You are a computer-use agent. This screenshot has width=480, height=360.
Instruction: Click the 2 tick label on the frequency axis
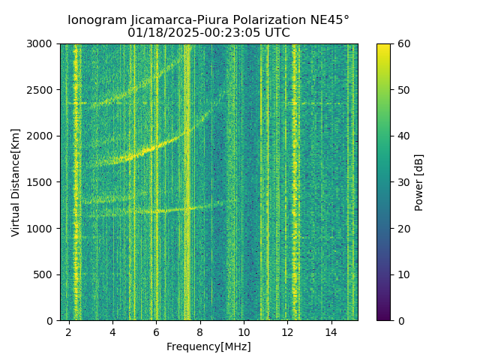[69, 331]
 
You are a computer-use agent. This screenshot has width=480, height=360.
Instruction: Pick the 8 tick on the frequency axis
[200, 331]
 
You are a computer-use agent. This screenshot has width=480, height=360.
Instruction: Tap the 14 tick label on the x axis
[331, 331]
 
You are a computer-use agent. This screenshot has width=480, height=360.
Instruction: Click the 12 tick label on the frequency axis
[288, 331]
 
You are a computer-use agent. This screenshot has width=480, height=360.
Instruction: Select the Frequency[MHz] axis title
[208, 346]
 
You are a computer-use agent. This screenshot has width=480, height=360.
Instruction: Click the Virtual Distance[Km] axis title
[15, 182]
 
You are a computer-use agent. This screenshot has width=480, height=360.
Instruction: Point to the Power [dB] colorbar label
[419, 182]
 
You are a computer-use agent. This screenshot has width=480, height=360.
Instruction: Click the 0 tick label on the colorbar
[399, 320]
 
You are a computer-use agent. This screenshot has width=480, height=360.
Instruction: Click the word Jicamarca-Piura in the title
[166, 20]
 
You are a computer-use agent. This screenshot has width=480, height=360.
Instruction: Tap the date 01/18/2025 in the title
[159, 33]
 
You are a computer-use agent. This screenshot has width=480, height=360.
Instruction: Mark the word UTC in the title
[277, 33]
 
